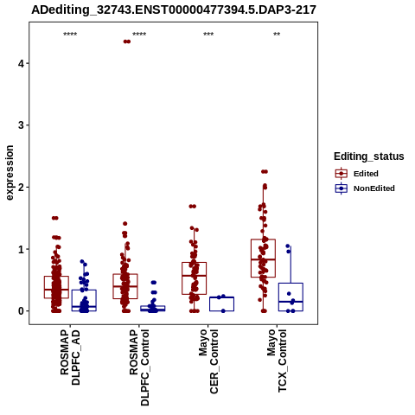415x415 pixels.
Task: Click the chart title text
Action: click(174, 10)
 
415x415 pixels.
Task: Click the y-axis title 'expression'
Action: click(10, 173)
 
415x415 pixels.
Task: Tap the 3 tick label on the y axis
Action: click(21, 125)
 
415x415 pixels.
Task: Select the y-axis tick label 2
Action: click(21, 188)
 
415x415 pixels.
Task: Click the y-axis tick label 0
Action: click(21, 311)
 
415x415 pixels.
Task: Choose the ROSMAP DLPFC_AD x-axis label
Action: click(70, 358)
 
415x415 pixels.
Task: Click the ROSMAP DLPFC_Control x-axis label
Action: click(139, 367)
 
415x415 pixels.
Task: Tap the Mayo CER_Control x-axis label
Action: click(208, 362)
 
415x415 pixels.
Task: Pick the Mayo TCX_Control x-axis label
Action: click(277, 361)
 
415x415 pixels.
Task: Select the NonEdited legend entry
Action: click(365, 188)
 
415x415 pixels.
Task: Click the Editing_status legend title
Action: click(369, 156)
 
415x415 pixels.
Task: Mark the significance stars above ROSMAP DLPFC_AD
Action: click(70, 35)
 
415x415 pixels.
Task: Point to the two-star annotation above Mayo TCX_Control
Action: click(277, 35)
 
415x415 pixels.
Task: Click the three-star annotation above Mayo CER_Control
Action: click(208, 35)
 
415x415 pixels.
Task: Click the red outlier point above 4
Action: click(127, 41)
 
